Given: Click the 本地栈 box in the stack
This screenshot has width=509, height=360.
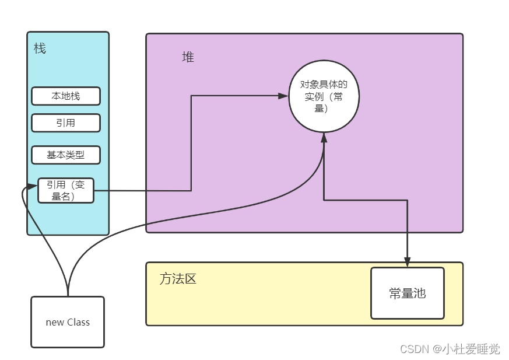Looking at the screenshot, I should (x=66, y=96).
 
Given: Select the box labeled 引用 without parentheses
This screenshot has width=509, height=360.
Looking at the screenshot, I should (x=66, y=123).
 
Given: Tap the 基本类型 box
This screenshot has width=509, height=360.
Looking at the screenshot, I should (x=66, y=155).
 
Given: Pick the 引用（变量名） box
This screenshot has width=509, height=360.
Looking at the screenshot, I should (x=66, y=191).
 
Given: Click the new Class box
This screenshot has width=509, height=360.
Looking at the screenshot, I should (x=68, y=322).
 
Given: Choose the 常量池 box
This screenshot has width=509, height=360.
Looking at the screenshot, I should (x=408, y=293).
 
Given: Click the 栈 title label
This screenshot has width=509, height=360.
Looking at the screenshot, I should (x=40, y=48).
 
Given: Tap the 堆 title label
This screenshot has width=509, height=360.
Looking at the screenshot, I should (x=188, y=57).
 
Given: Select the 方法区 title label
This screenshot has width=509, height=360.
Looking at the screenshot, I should (x=178, y=279).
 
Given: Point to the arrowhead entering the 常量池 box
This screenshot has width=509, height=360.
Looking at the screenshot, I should (x=408, y=263).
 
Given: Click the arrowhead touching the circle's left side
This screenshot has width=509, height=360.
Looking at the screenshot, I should (x=284, y=96).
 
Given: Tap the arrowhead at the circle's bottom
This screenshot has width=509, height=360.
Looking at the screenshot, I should (x=324, y=137).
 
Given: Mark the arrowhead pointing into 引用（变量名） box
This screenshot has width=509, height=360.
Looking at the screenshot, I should (x=33, y=187).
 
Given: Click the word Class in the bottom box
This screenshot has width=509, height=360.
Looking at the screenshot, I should (x=78, y=322).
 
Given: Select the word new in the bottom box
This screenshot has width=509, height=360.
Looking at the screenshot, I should (x=55, y=322).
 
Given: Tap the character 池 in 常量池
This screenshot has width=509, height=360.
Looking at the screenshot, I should (x=420, y=293).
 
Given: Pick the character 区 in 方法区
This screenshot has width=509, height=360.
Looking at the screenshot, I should (x=191, y=279).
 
